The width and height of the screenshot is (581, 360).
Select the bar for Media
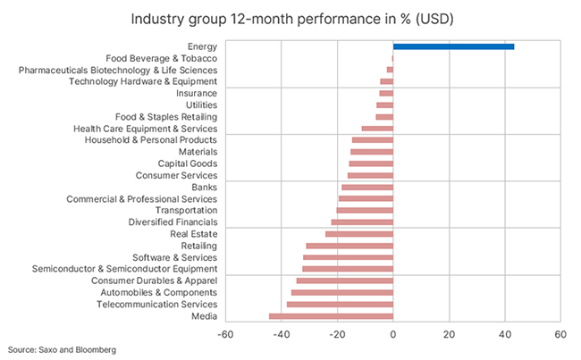(331, 315)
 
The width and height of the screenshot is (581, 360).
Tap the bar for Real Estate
(358, 234)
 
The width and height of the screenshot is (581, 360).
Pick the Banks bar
(366, 187)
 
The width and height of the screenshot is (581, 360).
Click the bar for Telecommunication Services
(340, 304)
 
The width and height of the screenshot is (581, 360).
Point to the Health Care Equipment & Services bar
(377, 129)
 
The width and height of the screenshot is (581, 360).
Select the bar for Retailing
(349, 246)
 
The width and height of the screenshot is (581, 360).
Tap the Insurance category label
(196, 94)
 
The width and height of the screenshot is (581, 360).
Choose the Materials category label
(194, 152)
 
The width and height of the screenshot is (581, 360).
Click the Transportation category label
(186, 211)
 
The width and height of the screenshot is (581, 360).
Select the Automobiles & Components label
(158, 292)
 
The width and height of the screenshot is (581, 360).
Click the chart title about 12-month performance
(290, 18)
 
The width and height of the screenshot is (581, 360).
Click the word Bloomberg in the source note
(95, 349)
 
